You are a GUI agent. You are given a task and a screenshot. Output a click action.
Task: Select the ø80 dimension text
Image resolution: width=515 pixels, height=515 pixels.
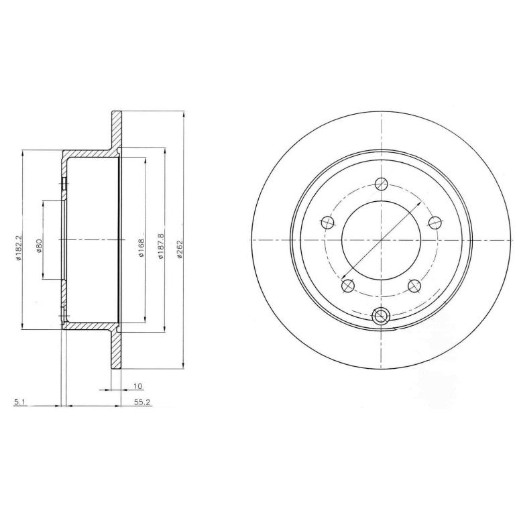[39, 246]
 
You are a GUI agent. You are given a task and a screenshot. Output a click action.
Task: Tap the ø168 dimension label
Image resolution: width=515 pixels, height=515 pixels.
[141, 247]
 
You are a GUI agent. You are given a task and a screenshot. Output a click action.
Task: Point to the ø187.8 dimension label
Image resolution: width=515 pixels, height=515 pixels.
[161, 247]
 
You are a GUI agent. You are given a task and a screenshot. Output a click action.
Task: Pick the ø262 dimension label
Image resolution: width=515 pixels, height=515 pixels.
[179, 248]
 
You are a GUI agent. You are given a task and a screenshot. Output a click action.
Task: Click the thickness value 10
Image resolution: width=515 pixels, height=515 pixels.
[138, 386]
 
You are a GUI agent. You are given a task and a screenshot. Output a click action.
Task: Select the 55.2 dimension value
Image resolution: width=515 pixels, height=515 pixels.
[142, 402]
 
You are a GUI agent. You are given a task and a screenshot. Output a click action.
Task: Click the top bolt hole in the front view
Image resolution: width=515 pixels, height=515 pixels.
[382, 184]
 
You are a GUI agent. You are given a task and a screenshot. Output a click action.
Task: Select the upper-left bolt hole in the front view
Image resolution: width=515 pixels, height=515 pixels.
[327, 223]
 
